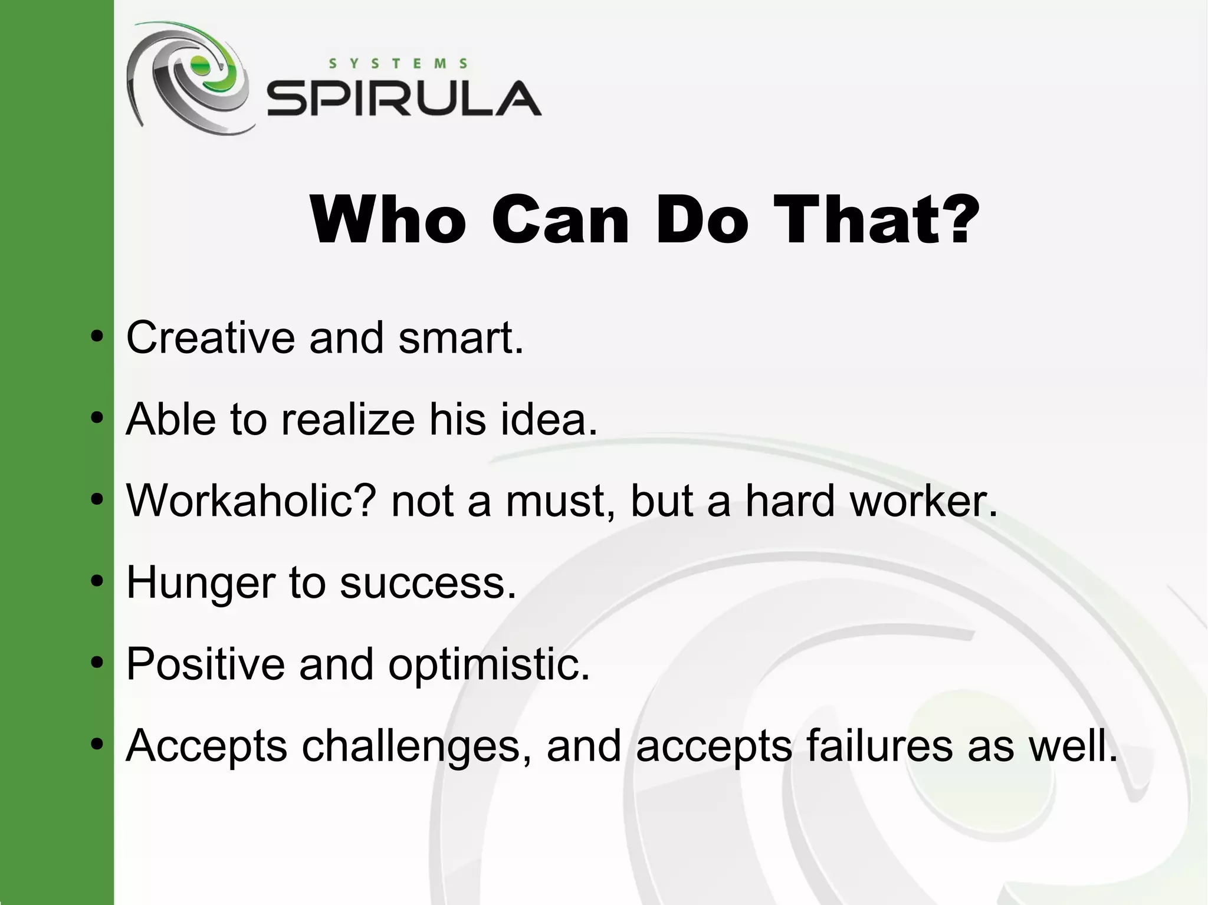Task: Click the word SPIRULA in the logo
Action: (x=403, y=99)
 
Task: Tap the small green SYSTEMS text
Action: (x=398, y=64)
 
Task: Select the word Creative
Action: (x=210, y=338)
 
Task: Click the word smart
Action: (x=461, y=338)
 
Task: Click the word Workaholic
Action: (x=251, y=501)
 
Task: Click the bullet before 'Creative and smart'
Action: (x=97, y=338)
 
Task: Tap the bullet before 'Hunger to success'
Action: (x=97, y=582)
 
